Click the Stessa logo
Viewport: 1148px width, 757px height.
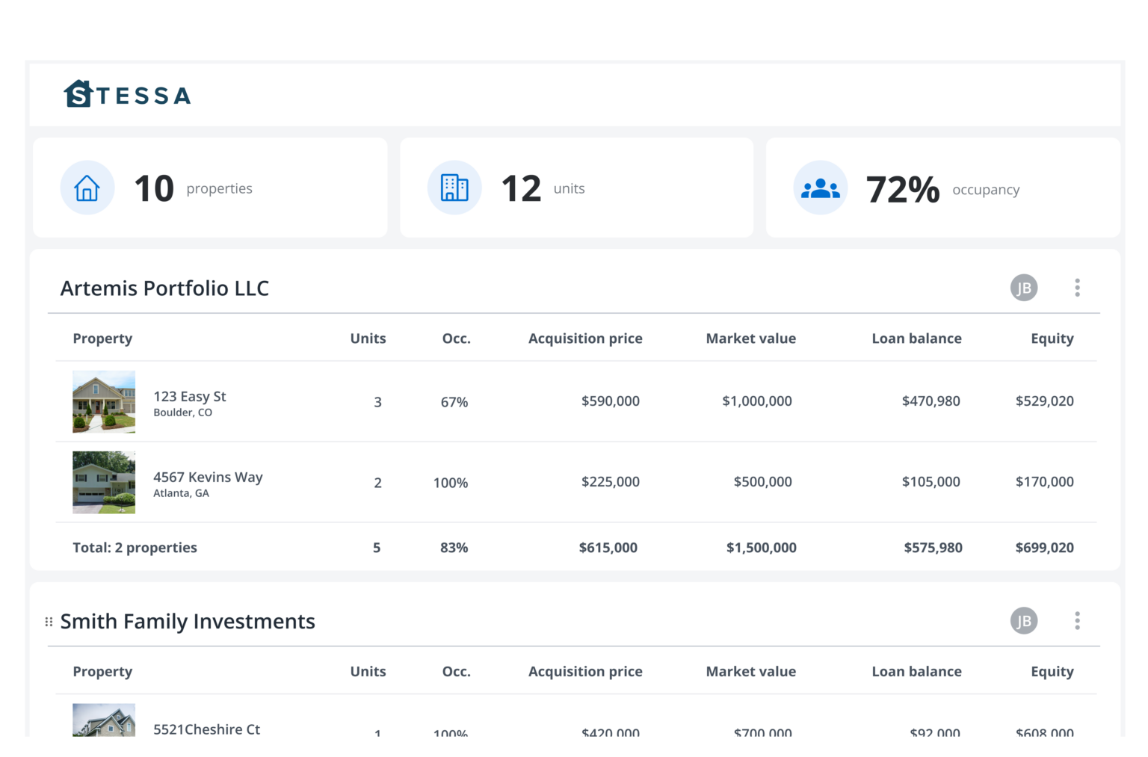(x=127, y=95)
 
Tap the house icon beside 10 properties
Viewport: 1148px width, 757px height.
(x=87, y=188)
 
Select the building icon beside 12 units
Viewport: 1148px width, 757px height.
(x=454, y=188)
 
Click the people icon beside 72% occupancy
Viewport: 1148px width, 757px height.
(x=821, y=188)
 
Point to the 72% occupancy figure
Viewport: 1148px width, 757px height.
(x=902, y=189)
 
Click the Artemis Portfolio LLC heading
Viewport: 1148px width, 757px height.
(x=164, y=288)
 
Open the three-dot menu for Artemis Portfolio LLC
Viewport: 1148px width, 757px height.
(x=1077, y=288)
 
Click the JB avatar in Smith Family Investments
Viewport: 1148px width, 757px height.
(x=1024, y=620)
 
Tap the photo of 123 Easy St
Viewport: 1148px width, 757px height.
(x=104, y=401)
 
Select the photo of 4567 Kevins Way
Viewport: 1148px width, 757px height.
(x=104, y=482)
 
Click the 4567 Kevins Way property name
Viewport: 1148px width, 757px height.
(x=208, y=477)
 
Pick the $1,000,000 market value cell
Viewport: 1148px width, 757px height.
(x=756, y=401)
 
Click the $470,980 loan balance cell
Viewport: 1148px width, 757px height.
(x=931, y=401)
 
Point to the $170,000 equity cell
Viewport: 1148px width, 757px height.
(x=1044, y=482)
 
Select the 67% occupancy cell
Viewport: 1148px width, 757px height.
(x=454, y=402)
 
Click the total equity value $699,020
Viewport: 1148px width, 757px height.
(x=1044, y=548)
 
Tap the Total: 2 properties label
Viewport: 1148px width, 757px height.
(x=135, y=548)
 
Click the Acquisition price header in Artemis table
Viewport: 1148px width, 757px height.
(x=585, y=339)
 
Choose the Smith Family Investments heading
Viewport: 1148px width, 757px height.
(x=188, y=622)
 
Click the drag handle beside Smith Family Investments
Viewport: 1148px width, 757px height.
(x=49, y=622)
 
